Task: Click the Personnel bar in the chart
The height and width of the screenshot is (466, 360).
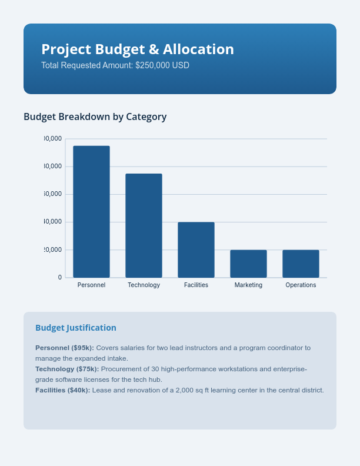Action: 91,212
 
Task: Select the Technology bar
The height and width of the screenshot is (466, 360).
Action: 144,225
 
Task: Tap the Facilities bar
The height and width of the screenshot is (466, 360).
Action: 196,249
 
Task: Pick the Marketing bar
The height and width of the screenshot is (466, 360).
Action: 248,264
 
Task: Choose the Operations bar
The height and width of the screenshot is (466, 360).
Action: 301,264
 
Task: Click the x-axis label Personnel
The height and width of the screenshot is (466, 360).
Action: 91,285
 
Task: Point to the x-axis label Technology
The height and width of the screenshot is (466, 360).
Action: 144,285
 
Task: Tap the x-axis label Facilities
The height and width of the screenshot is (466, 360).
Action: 196,285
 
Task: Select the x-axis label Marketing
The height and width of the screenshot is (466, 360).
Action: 248,285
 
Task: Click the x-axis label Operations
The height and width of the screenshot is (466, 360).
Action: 301,285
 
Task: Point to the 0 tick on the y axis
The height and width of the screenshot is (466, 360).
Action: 59,277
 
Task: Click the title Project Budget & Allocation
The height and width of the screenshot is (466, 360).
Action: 138,49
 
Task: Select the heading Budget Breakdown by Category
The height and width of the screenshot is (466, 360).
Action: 95,116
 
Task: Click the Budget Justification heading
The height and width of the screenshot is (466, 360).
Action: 76,328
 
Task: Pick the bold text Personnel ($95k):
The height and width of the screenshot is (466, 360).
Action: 65,348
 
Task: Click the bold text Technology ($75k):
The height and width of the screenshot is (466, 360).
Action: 67,369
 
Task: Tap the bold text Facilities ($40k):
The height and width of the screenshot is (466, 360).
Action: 63,390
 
